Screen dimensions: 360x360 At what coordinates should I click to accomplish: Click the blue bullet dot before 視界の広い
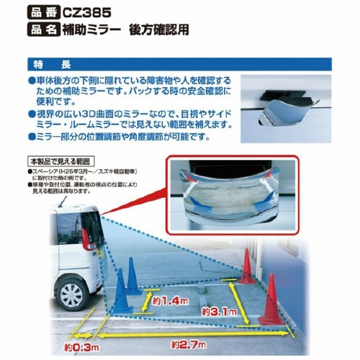(32, 114)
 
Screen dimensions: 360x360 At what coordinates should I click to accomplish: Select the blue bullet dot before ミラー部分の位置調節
(32, 138)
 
